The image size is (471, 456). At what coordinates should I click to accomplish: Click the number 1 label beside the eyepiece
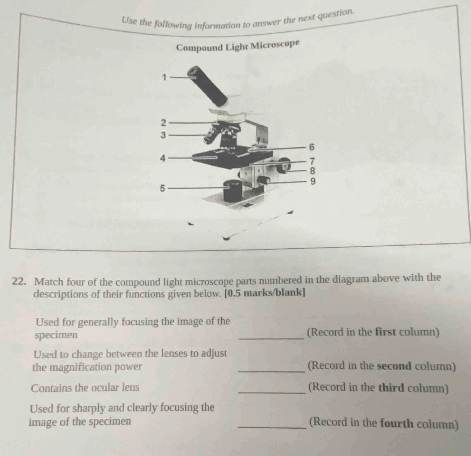165,77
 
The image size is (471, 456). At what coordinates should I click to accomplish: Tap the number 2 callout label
164,123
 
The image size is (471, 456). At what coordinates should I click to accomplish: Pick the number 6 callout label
312,147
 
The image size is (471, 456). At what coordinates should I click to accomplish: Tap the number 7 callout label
312,161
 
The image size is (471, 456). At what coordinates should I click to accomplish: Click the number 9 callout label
313,182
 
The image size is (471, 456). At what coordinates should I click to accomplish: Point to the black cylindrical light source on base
232,191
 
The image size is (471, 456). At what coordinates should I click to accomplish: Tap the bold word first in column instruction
386,332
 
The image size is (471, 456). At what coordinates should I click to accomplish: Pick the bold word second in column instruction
394,366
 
